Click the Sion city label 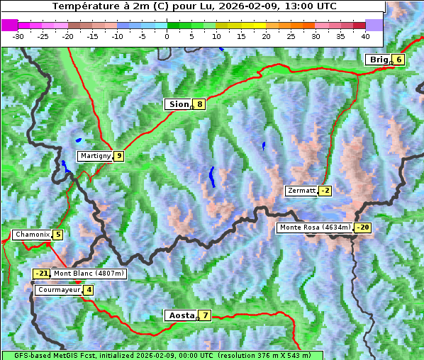(x=178, y=104)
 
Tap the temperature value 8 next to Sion (x=200, y=104)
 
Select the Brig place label (x=379, y=60)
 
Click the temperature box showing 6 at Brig (x=399, y=60)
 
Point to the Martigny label (x=95, y=156)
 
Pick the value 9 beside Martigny (x=118, y=156)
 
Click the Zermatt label (x=301, y=191)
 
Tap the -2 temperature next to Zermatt (x=325, y=191)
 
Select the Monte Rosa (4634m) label (x=315, y=227)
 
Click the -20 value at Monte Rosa (x=362, y=227)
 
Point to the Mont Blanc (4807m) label (x=89, y=274)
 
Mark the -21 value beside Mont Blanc (x=42, y=274)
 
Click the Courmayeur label (x=59, y=290)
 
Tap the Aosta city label (x=181, y=315)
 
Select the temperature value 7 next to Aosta (x=205, y=315)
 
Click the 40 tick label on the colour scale (x=365, y=36)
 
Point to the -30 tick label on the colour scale (x=18, y=36)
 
